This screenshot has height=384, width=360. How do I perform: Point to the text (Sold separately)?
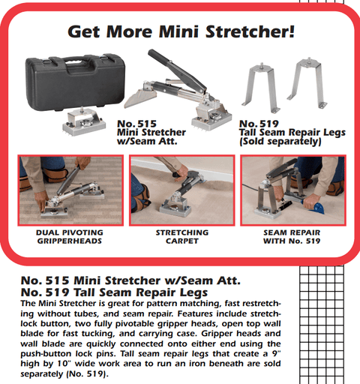(x=280, y=141)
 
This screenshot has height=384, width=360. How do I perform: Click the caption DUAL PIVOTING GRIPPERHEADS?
(x=69, y=237)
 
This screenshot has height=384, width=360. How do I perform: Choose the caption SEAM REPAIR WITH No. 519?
(x=291, y=237)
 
